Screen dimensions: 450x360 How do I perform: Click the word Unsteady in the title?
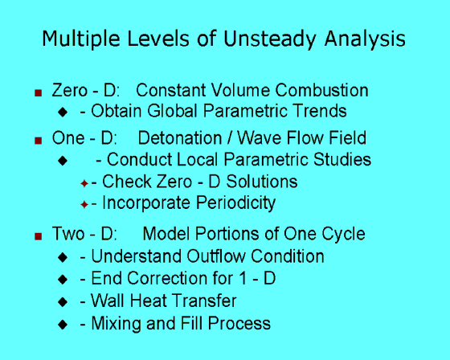(x=269, y=39)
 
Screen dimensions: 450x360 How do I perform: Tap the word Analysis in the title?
(x=365, y=39)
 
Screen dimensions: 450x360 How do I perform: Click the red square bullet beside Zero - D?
(x=39, y=92)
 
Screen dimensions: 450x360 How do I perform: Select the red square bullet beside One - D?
(x=39, y=141)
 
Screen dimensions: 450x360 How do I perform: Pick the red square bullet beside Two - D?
(x=39, y=236)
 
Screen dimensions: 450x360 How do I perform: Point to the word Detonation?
(x=180, y=137)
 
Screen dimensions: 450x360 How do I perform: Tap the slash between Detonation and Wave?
(x=229, y=137)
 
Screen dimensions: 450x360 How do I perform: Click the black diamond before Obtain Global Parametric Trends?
(x=63, y=112)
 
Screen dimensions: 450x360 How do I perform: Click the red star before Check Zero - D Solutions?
(x=84, y=183)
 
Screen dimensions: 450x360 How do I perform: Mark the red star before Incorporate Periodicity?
(x=84, y=204)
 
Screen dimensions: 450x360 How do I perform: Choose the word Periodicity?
(x=236, y=203)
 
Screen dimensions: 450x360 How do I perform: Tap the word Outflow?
(x=216, y=256)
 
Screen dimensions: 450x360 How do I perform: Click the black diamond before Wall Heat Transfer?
(x=63, y=301)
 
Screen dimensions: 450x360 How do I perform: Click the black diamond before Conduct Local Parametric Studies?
(x=63, y=160)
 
